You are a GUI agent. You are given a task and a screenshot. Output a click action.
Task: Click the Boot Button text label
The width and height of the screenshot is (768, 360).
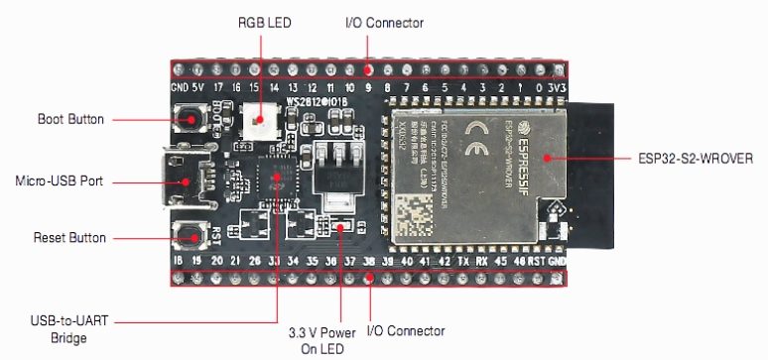tap(69, 119)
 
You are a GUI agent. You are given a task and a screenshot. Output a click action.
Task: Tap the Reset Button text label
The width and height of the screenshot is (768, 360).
tap(69, 238)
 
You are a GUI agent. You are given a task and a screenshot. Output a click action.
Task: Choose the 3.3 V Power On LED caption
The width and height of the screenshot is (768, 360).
tap(317, 340)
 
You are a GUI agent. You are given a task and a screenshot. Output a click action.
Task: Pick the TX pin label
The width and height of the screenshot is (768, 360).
tap(463, 260)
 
